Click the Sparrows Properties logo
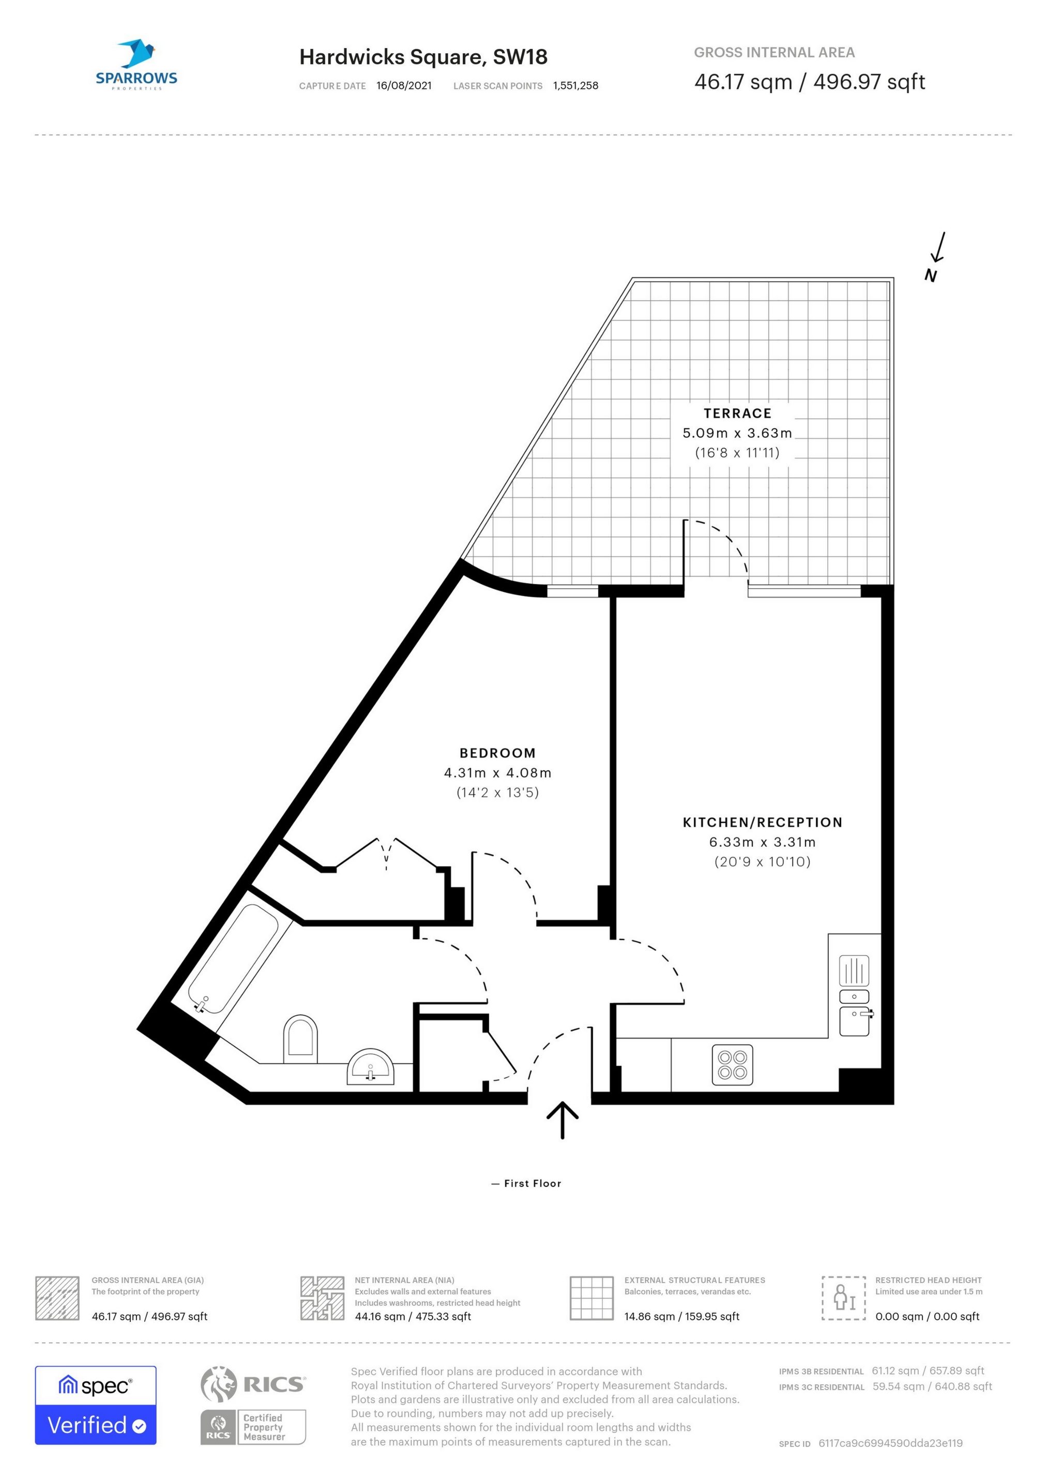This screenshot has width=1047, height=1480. click(136, 65)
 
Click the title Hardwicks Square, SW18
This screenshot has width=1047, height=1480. click(423, 57)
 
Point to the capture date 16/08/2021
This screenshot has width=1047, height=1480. click(404, 86)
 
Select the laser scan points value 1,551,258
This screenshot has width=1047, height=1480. click(576, 86)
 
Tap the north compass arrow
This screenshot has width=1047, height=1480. click(939, 248)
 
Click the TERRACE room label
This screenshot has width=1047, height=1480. click(737, 413)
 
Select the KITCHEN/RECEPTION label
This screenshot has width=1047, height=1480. click(763, 822)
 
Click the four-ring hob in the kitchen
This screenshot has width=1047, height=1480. click(733, 1064)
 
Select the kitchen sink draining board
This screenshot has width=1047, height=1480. click(854, 971)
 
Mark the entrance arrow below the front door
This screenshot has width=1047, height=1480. click(562, 1120)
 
